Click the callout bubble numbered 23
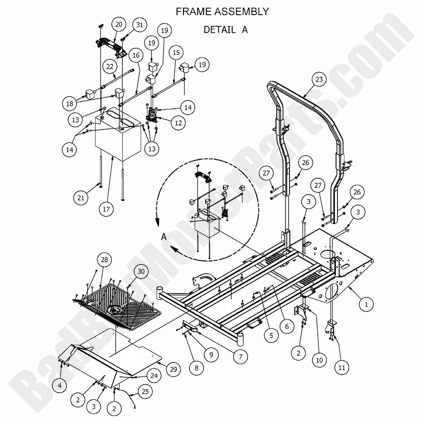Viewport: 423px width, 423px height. [x=319, y=80]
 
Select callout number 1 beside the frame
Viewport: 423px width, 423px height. [x=366, y=304]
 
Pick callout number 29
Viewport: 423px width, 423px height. [x=173, y=369]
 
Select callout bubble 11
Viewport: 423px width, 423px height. [x=341, y=368]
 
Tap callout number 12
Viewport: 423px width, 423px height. [x=178, y=123]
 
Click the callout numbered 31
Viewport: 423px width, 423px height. [x=139, y=25]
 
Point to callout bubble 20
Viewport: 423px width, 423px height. [x=119, y=25]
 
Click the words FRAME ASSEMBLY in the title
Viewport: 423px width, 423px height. [x=222, y=12]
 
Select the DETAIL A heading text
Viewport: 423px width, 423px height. [x=225, y=30]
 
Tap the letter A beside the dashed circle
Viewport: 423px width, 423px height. [x=164, y=237]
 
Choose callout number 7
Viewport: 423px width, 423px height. [x=240, y=357]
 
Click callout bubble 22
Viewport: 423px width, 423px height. [x=110, y=66]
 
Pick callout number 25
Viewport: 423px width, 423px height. [x=145, y=392]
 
